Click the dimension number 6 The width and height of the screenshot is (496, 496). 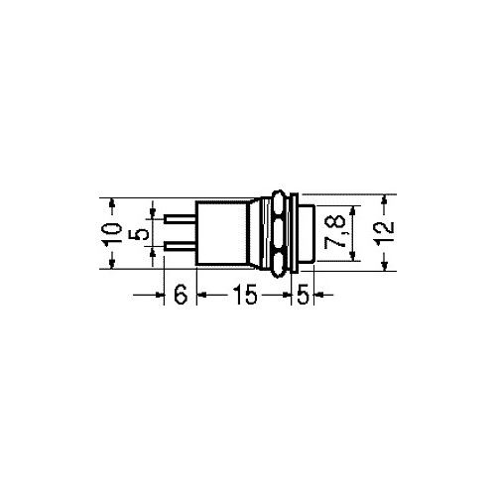click(x=180, y=295)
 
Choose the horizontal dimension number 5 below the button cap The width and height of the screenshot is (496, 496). click(x=304, y=295)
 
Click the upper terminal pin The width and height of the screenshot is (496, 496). click(x=181, y=221)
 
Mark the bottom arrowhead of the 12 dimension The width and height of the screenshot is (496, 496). click(x=387, y=269)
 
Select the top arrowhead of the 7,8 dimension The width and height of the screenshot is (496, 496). click(x=353, y=210)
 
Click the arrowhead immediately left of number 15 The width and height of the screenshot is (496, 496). click(x=201, y=295)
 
